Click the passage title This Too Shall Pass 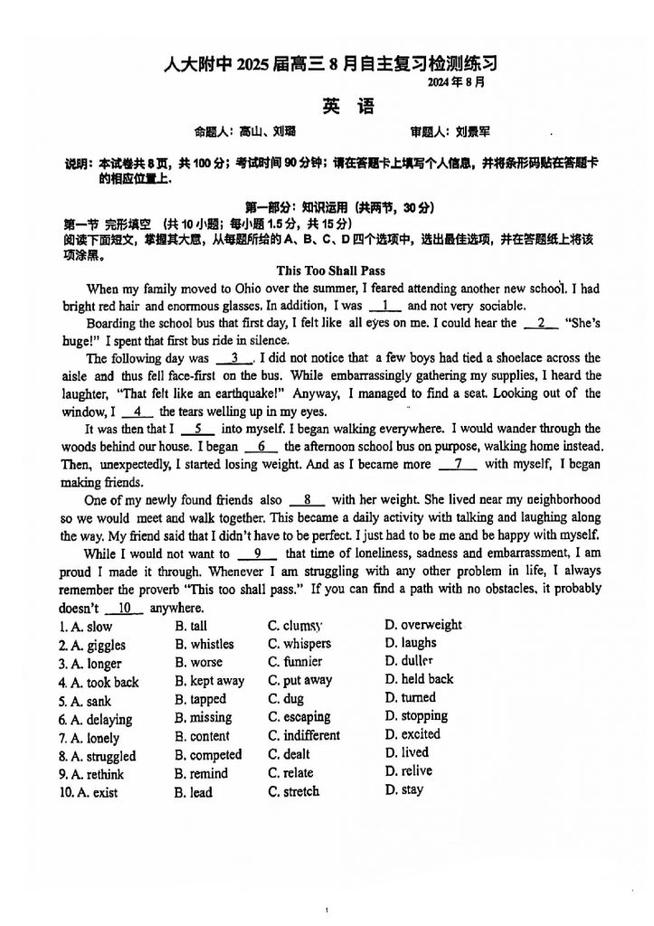330,270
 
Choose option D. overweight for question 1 422,625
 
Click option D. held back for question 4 419,679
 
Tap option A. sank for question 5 85,701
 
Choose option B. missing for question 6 204,717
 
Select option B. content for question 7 203,736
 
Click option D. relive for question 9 408,771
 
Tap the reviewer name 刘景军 472,132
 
